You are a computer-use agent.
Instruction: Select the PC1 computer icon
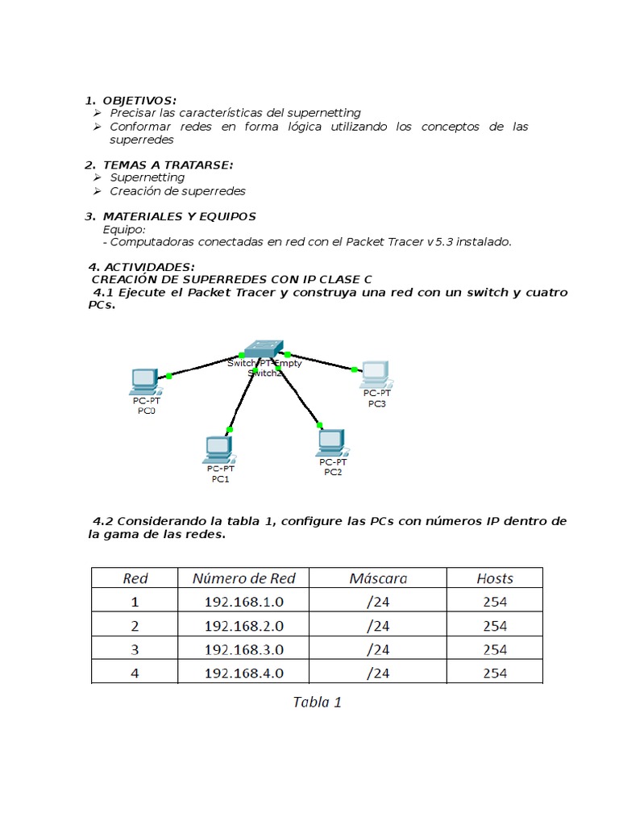point(218,448)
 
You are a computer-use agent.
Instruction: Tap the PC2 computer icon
point(330,441)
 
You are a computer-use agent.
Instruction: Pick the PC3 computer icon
point(375,373)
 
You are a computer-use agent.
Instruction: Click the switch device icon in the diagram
point(263,349)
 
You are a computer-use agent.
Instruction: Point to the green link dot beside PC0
point(168,376)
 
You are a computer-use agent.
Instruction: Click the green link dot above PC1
point(230,430)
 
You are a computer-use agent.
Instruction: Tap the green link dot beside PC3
point(354,369)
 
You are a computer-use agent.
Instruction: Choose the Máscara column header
point(378,578)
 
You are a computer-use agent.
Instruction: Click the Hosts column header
point(495,578)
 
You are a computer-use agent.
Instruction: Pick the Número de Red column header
point(244,578)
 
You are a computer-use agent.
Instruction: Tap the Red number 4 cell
point(135,673)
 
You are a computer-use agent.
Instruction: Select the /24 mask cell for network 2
point(378,626)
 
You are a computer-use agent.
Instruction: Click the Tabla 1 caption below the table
point(317,702)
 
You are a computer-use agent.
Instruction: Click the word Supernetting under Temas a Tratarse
point(147,177)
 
